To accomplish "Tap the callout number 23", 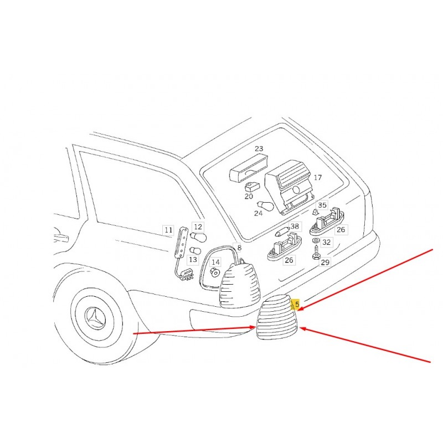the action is (x=259, y=148).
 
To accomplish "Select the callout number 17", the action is (x=317, y=177).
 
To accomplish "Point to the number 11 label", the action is (x=168, y=230).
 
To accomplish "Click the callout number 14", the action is (x=215, y=262).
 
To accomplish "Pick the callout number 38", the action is (x=295, y=226).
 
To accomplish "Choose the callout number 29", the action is (x=325, y=262).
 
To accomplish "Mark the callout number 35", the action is (x=322, y=205).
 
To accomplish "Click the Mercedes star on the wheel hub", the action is (x=95, y=318).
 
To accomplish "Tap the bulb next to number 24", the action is (x=265, y=205).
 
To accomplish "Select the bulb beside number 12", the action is (x=198, y=237).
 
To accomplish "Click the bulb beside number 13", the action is (x=195, y=250).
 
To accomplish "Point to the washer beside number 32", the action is (x=315, y=240).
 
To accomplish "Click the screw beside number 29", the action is (x=316, y=253).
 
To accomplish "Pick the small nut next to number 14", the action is (x=216, y=272).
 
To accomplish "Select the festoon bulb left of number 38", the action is (x=282, y=233).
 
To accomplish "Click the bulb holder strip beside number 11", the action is (x=181, y=243).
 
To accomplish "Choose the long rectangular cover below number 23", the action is (x=249, y=168).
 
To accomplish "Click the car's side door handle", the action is (x=61, y=238).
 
